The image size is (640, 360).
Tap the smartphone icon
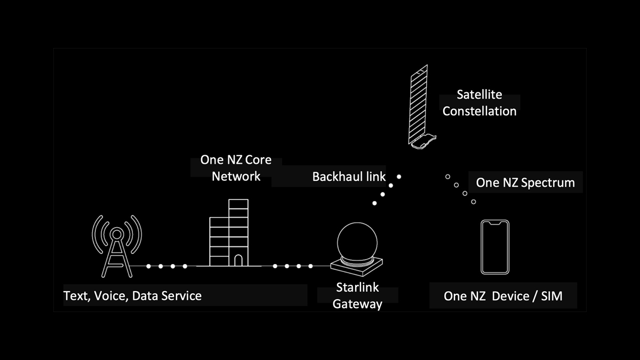(495, 246)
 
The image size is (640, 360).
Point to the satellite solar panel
(419, 104)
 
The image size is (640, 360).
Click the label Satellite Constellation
(479, 103)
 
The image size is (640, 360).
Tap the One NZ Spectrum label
(525, 182)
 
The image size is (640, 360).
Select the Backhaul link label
(349, 177)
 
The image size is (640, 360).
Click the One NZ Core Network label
(236, 167)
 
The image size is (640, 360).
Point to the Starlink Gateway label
(357, 295)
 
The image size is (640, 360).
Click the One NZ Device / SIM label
(503, 295)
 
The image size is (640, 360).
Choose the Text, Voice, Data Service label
(132, 295)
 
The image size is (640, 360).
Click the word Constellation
(479, 111)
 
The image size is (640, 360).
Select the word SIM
(551, 295)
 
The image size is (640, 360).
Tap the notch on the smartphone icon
(495, 222)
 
